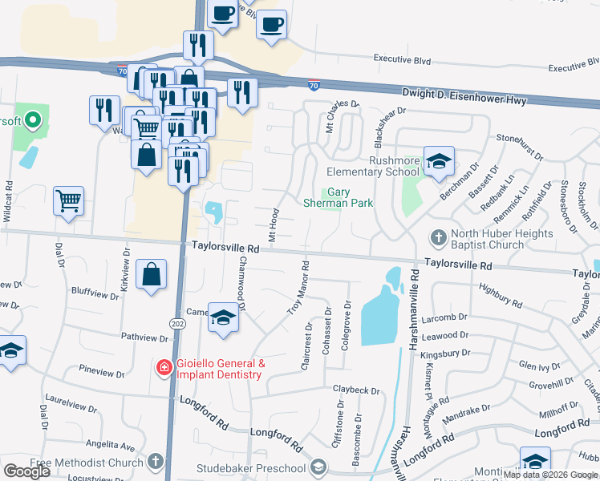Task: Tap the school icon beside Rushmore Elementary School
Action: (x=439, y=163)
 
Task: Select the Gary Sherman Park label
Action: (x=338, y=197)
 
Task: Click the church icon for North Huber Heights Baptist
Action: (x=439, y=237)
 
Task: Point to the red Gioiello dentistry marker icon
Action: (x=164, y=368)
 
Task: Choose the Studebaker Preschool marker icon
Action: (x=318, y=467)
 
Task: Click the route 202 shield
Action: (x=177, y=322)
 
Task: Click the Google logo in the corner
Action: (x=26, y=471)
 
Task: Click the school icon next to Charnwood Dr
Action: (x=223, y=317)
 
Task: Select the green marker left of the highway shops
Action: (x=33, y=122)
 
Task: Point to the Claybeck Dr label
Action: (x=356, y=390)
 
